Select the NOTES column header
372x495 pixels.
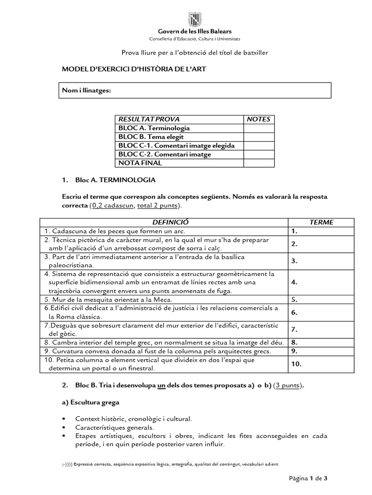[x=258, y=119]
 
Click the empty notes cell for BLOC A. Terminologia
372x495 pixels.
[x=258, y=128]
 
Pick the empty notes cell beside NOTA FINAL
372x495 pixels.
[x=258, y=163]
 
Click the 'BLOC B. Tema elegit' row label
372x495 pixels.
[x=144, y=137]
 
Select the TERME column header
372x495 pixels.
[x=321, y=222]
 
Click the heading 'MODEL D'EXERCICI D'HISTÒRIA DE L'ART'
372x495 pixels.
[x=134, y=70]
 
